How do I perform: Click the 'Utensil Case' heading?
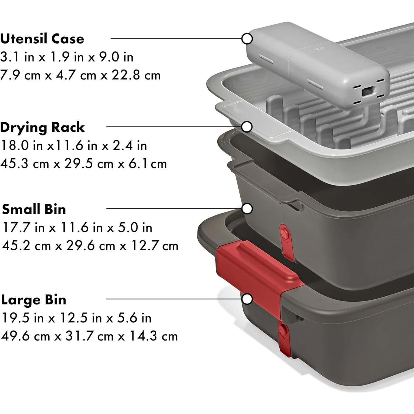tap(42, 39)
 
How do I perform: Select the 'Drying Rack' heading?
tap(42, 127)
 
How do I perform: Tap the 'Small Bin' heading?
tap(34, 209)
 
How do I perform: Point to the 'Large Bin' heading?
tap(34, 300)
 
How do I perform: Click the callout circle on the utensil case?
tap(247, 39)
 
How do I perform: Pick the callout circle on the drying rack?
tap(247, 127)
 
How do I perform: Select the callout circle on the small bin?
tap(247, 209)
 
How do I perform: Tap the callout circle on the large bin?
tap(247, 299)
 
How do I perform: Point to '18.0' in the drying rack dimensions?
tap(15, 146)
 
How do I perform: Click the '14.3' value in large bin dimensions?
tap(144, 336)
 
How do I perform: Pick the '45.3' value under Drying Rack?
tap(14, 164)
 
